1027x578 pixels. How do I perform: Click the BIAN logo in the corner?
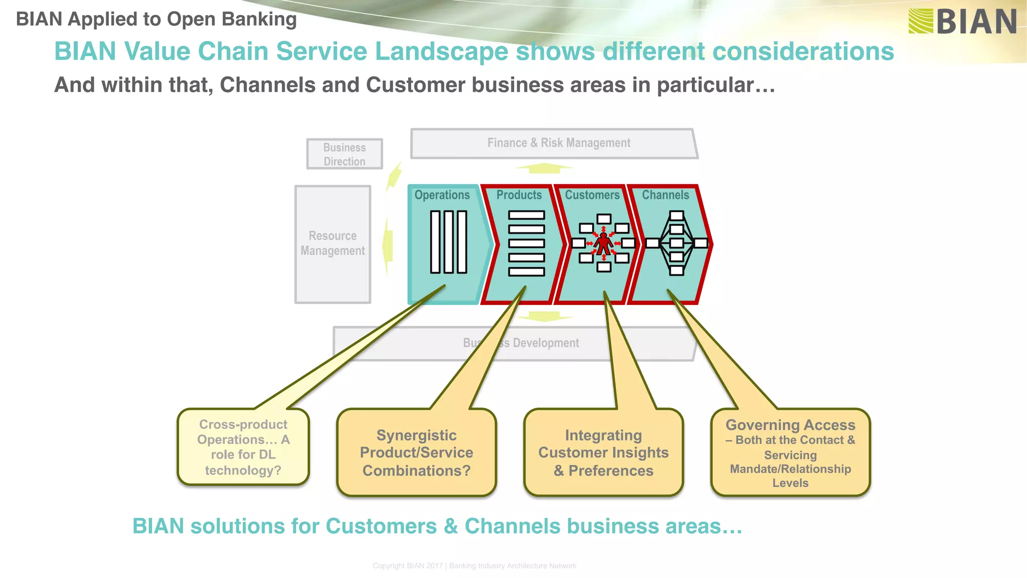962,22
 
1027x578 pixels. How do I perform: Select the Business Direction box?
345,154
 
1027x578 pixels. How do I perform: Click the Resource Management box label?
332,243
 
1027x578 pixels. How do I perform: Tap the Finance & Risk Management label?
559,143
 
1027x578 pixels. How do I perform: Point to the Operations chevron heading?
442,195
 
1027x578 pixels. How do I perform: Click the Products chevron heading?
519,195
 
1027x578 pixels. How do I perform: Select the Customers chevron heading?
592,195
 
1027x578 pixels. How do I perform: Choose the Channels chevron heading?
665,195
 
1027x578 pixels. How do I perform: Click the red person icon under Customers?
604,244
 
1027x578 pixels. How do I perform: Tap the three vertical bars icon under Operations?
448,242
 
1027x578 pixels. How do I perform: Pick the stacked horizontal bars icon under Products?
526,243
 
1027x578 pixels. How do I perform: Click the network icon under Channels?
676,243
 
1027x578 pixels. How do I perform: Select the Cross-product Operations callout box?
243,447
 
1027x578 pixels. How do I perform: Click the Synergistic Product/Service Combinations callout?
416,453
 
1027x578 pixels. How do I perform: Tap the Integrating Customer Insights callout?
603,453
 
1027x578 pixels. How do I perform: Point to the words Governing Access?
790,425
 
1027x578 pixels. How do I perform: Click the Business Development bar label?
521,343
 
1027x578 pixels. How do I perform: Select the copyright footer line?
474,565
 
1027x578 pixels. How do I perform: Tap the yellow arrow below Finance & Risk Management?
544,168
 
